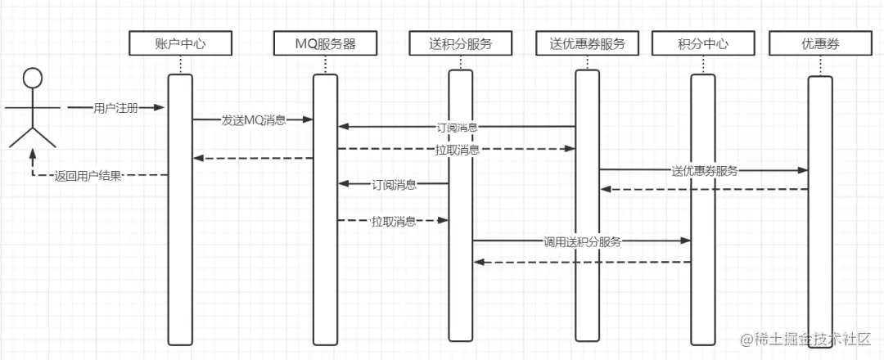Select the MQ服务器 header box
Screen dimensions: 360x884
325,43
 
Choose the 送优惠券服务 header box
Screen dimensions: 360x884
587,43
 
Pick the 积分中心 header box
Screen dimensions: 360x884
702,43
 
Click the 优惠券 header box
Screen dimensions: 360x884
820,43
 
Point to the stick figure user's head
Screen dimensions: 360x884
32,79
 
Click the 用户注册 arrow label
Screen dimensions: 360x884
115,108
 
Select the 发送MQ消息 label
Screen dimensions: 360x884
254,120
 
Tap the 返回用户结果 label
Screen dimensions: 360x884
88,175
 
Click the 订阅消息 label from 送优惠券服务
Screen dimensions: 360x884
457,128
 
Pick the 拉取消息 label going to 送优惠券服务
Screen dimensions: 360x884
457,150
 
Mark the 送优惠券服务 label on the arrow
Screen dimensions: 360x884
704,171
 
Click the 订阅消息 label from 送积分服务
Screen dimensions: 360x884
395,185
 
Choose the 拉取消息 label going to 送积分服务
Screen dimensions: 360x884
393,221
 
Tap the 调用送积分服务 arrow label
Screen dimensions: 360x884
582,241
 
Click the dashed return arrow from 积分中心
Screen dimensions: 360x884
582,263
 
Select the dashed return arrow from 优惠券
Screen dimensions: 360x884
704,190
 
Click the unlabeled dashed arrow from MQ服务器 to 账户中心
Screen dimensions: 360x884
253,159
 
